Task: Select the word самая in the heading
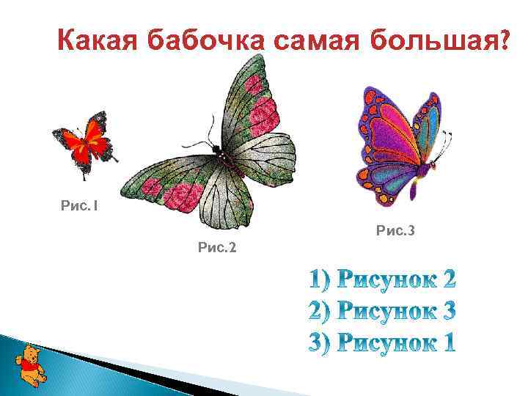(x=320, y=43)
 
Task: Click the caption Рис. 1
(x=79, y=206)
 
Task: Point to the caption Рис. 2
(x=217, y=247)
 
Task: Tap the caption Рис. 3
(x=395, y=232)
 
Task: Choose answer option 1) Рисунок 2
(x=382, y=279)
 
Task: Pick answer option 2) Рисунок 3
(x=382, y=311)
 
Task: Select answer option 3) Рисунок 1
(x=382, y=342)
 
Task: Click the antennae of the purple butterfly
(x=446, y=143)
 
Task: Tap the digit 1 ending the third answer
(x=447, y=342)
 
